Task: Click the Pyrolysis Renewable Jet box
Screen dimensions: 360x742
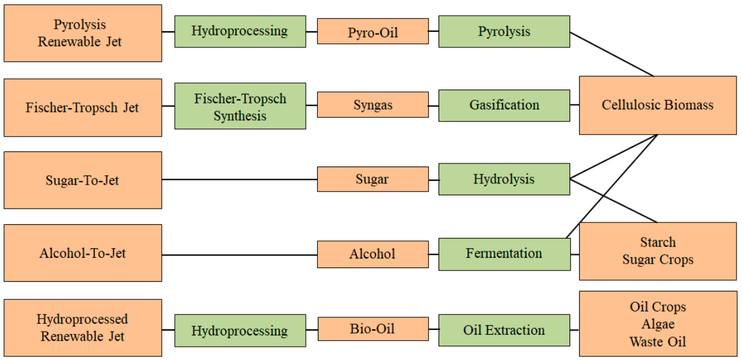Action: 82,33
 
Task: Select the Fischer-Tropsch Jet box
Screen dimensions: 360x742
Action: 82,108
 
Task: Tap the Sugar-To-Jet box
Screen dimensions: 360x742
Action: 82,180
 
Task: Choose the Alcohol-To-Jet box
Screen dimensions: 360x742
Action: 82,253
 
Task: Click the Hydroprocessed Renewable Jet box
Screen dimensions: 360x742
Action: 82,328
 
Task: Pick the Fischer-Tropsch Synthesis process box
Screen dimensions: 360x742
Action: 240,107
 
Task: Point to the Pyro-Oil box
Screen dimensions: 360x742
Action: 373,31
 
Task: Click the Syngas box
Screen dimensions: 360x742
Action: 373,105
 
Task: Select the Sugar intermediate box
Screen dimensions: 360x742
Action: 373,179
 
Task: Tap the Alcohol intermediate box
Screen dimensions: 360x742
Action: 373,254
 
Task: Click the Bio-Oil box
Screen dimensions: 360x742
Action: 373,329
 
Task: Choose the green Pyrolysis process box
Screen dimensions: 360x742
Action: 504,31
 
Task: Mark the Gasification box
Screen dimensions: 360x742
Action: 504,105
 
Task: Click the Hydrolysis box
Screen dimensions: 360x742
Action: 504,179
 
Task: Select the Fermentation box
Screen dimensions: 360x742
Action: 504,254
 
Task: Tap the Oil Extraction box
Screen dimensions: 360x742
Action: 504,330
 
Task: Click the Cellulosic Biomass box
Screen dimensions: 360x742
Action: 657,105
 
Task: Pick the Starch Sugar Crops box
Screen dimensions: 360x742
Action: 657,251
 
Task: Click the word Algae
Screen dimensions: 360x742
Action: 657,325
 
